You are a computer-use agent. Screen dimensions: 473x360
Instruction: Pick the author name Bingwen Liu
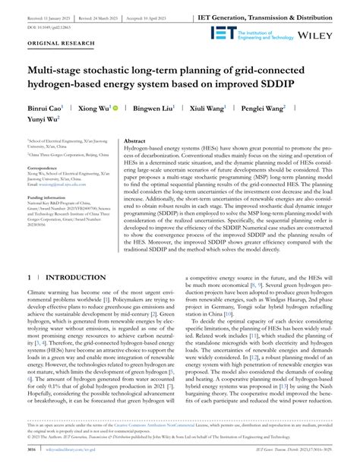[156, 109]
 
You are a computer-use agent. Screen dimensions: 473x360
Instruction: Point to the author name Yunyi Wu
[44, 120]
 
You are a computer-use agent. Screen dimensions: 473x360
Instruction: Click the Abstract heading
[134, 141]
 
